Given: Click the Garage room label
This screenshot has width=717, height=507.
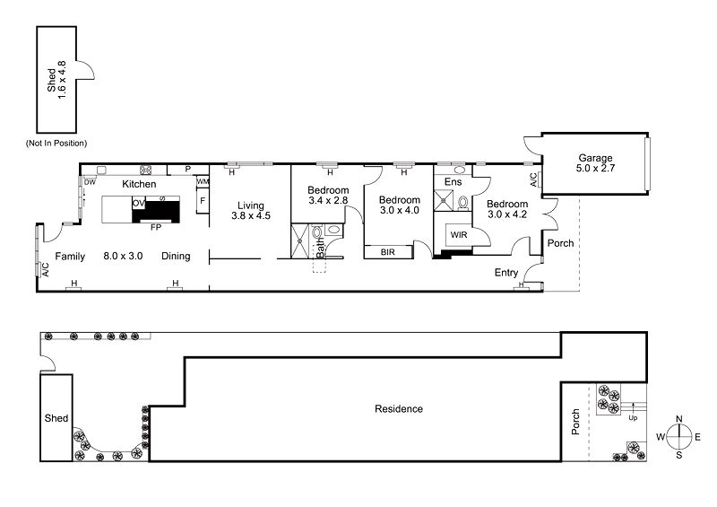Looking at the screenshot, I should pos(595,158).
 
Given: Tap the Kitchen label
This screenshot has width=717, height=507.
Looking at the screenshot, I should pos(139,184).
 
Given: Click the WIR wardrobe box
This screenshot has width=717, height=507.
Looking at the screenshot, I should pos(460,234).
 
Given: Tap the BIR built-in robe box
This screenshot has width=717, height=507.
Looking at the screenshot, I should pos(388,252).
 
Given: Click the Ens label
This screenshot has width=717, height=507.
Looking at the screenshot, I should pos(453,182).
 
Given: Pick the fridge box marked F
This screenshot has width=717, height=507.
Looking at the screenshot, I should pos(203,201).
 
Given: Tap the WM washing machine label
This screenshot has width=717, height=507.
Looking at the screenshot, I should pos(203,182).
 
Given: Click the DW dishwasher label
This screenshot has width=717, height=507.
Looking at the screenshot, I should pos(90,182).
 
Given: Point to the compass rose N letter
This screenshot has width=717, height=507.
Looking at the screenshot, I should pos(679,419).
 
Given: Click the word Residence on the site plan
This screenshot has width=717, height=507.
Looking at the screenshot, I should pos(398,409).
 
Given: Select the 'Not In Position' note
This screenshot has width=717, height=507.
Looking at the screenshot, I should pos(62,143).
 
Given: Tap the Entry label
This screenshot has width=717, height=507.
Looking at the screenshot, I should pos(507,273).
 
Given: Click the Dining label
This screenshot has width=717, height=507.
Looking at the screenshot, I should pos(176,257).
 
